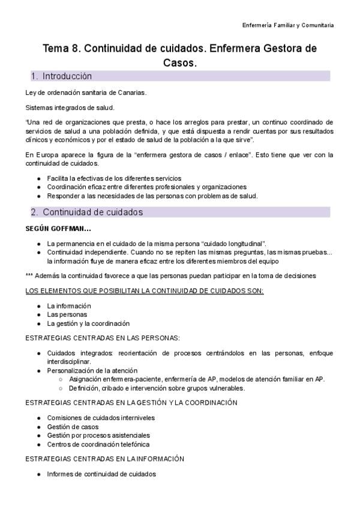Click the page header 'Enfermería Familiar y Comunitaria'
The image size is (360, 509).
287,25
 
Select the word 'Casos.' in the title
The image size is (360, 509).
180,62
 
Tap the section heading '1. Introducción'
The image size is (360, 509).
62,76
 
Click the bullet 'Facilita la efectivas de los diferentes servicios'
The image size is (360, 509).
114,178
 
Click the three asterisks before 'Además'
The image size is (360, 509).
29,276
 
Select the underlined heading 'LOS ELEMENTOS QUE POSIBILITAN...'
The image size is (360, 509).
144,291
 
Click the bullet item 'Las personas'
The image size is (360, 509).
67,315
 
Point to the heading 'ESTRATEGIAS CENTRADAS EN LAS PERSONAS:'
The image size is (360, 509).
103,338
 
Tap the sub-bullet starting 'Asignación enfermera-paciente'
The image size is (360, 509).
196,379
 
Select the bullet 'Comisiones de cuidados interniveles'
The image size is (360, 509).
101,417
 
